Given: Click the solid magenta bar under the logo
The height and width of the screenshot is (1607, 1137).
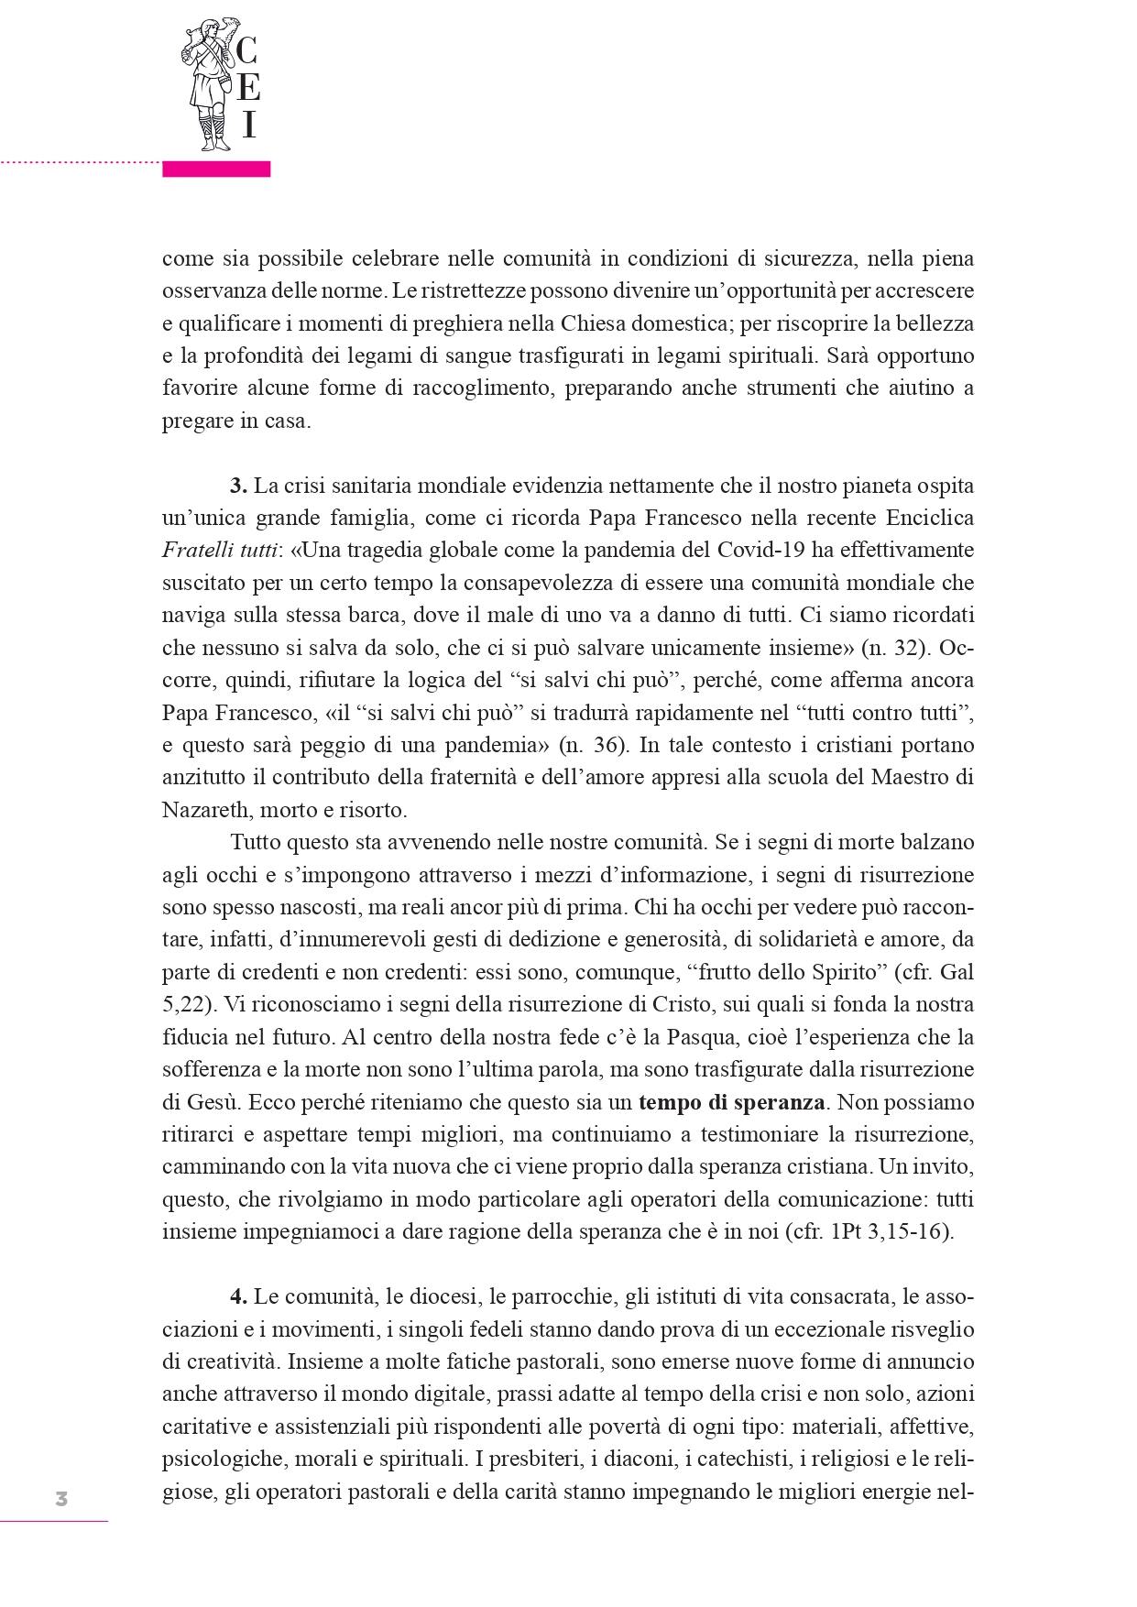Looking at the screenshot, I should tap(216, 169).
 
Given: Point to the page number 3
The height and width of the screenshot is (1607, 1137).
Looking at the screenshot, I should tap(61, 1499).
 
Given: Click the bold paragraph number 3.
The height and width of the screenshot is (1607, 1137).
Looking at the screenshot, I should tap(238, 485).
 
